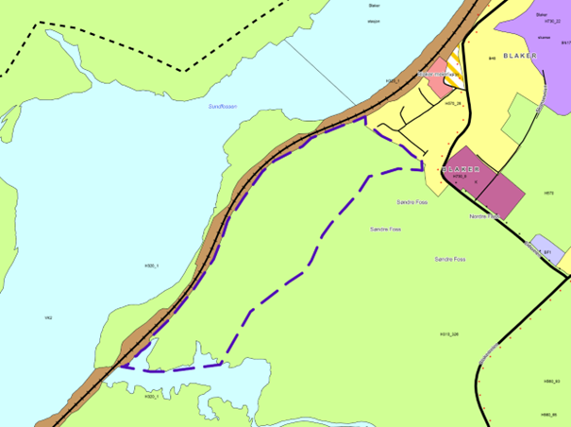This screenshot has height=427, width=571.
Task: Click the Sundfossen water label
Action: tap(223, 107)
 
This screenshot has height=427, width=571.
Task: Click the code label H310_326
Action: tap(449, 333)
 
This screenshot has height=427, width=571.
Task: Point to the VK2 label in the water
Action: tap(48, 317)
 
